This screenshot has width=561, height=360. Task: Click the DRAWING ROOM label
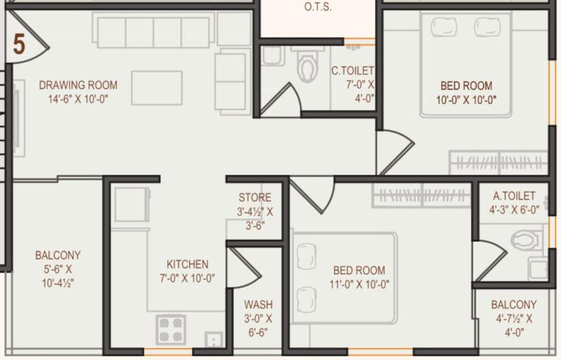tap(78, 85)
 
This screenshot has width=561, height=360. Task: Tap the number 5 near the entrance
tap(19, 45)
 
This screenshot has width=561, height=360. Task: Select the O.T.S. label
tap(318, 7)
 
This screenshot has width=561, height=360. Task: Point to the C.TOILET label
tap(352, 71)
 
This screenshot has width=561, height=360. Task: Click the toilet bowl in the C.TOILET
tap(307, 68)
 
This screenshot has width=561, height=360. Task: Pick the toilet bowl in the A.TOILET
tap(524, 240)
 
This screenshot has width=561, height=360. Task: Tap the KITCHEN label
tap(187, 264)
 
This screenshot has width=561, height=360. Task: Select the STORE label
tap(254, 198)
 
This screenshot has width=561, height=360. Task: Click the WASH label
tap(258, 305)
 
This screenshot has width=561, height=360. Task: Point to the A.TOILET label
tap(514, 195)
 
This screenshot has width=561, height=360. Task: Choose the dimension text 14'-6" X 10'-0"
tap(78, 99)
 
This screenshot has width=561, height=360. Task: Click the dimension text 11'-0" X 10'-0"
tap(359, 284)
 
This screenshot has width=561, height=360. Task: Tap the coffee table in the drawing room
tap(157, 88)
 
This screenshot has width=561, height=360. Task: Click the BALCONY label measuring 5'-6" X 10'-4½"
tap(58, 255)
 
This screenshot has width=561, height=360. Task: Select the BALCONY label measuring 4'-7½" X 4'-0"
tap(514, 305)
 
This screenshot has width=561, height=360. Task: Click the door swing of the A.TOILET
tap(490, 260)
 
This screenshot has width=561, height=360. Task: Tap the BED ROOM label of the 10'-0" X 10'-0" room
tap(466, 86)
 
